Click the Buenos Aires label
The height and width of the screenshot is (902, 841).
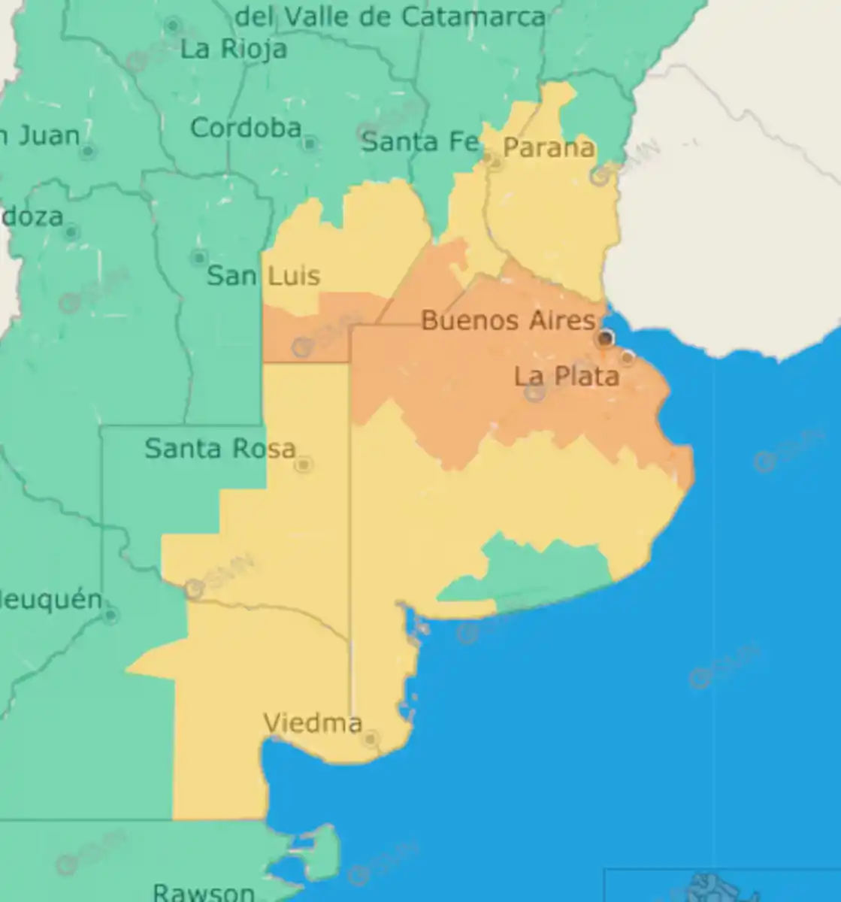point(508,321)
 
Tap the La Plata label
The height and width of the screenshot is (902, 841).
point(567,376)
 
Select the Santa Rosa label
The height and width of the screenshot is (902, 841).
point(219,449)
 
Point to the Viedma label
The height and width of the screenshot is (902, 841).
point(313,723)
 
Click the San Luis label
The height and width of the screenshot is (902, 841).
point(263,276)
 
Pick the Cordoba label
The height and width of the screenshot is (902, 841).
point(246,129)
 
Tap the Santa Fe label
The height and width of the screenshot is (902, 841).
point(419,141)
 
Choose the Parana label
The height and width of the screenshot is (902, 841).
point(549,147)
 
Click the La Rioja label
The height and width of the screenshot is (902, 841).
point(234,50)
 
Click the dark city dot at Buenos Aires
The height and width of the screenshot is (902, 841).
point(605,339)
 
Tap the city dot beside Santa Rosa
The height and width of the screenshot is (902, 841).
point(304,465)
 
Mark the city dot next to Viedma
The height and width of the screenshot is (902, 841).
point(370,740)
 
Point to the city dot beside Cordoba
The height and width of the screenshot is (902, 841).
point(310,143)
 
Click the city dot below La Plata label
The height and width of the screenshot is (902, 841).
point(535,393)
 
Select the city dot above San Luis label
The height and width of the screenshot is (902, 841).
point(199,258)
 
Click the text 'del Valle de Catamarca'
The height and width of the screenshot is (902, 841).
point(391,17)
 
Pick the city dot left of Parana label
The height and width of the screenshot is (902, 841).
point(494,160)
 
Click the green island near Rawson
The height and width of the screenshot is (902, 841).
point(323,853)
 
